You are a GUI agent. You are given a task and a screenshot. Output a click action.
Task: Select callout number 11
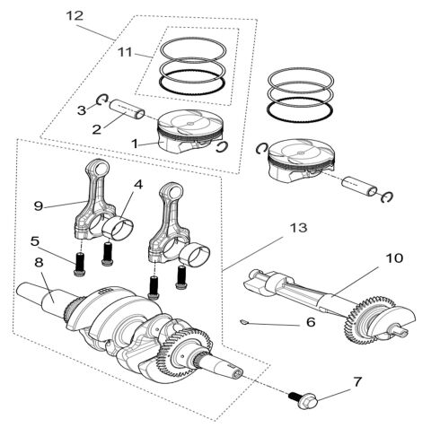125,53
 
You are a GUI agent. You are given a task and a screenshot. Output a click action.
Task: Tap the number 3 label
81,109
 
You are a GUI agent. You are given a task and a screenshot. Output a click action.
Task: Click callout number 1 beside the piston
135,144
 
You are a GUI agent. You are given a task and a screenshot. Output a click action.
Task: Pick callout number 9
38,205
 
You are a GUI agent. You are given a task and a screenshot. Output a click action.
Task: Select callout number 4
137,185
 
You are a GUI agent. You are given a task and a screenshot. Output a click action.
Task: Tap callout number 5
35,240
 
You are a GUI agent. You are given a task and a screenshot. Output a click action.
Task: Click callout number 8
39,263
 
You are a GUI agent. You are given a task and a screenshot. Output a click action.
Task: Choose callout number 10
395,258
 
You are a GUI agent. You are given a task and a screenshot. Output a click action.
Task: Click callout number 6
310,321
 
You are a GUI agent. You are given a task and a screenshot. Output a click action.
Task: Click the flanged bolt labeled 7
296,395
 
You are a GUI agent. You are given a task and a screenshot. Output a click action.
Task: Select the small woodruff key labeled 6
245,318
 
